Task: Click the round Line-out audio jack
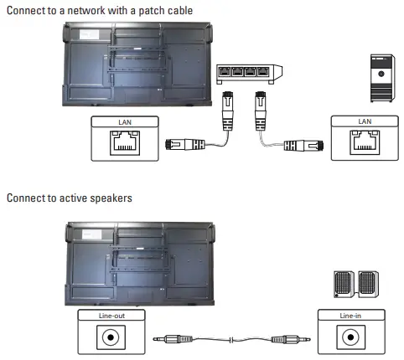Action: [x=110, y=339]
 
